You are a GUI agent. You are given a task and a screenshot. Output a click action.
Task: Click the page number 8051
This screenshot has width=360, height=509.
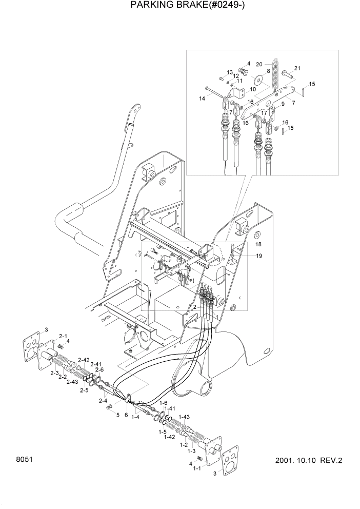[24, 459]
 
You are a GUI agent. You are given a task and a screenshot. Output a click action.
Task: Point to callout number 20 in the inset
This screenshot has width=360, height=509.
[259, 64]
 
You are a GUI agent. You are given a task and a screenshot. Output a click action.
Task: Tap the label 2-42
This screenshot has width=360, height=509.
[84, 360]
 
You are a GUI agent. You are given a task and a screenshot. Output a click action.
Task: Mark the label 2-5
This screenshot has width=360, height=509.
[84, 390]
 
